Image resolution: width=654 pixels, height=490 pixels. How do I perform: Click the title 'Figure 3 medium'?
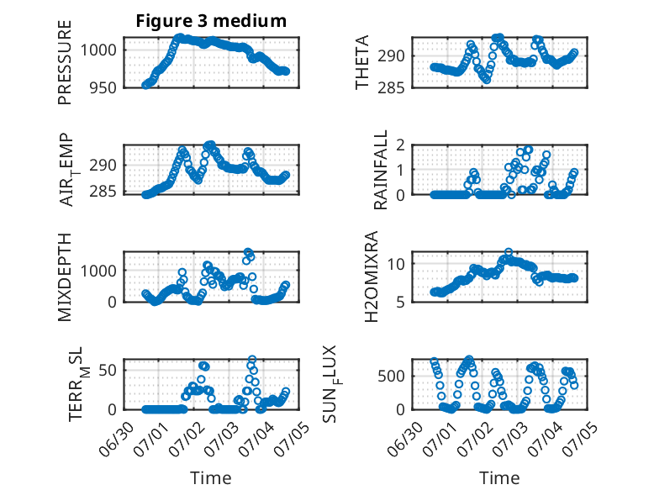coord(211,20)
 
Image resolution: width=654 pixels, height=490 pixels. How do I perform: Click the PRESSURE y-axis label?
coord(65,62)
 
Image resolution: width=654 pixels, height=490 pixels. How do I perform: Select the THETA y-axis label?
coord(362,62)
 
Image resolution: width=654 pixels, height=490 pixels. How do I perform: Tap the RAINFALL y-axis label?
coord(381,169)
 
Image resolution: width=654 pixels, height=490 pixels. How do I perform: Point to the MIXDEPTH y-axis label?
coord(65,277)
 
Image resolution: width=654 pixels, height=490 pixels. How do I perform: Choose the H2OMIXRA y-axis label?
coord(371,277)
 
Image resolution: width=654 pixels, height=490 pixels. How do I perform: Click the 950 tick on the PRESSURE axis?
coord(103,88)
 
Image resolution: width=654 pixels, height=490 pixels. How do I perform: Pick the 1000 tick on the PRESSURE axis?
coord(98,50)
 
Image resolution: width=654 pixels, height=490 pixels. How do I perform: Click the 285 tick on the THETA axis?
coord(391,88)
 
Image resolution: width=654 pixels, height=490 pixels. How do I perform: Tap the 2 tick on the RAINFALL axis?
coord(401,145)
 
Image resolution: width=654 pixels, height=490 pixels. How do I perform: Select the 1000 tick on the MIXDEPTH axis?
coord(98,271)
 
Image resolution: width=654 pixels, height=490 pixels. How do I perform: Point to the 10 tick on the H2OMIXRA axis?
coord(396,264)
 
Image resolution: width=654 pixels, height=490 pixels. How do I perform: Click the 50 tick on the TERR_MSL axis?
coord(108,370)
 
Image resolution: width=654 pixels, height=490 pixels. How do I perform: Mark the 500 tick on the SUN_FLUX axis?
coord(391,377)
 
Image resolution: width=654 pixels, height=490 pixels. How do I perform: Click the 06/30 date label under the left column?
coord(118,439)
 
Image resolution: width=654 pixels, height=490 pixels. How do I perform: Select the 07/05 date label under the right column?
coord(581,439)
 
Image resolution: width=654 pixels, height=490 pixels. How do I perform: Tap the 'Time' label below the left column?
coord(211,478)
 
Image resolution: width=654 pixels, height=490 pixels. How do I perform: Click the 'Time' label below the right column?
coord(499,478)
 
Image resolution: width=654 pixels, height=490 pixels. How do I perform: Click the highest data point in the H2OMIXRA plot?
coord(508,252)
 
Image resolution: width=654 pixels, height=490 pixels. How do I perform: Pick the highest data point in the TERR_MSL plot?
coord(252,359)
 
